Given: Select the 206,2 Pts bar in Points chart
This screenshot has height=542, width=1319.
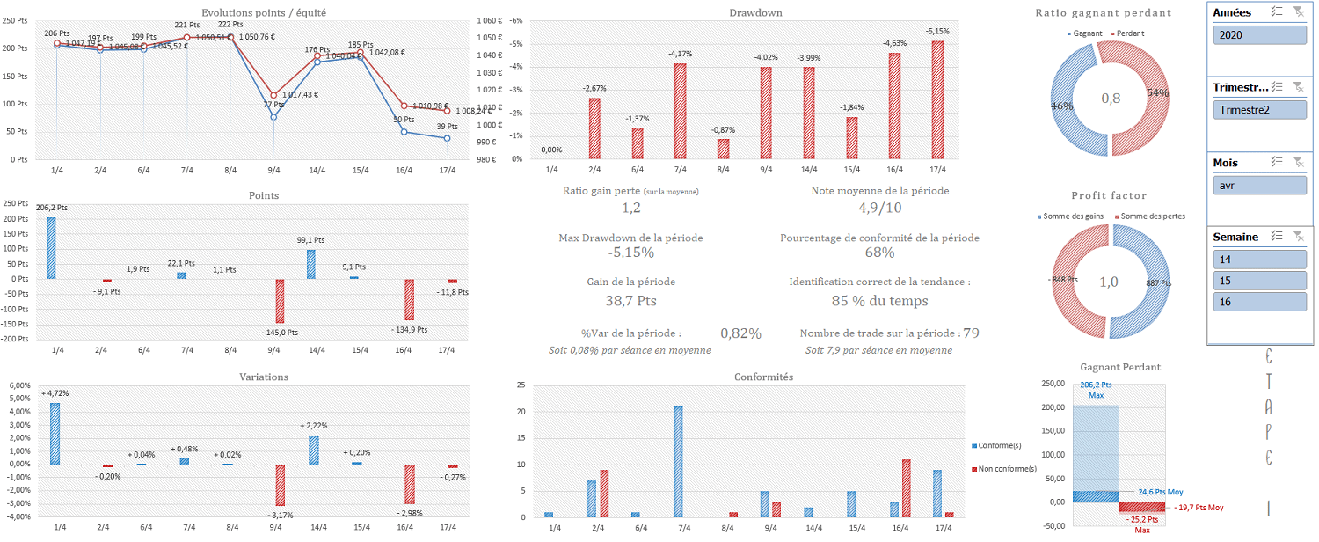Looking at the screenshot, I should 51,248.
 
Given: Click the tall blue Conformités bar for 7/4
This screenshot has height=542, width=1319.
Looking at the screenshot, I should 678,462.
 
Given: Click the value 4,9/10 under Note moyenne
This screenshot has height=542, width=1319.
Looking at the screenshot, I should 880,208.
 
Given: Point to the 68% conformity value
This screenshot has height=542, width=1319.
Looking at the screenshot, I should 879,253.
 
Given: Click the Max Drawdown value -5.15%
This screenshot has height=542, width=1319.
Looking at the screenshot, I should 630,253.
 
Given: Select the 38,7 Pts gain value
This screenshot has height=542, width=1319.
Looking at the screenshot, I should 630,300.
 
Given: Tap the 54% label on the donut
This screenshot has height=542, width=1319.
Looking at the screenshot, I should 1158,92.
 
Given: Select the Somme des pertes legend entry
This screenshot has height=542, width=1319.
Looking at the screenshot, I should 1148,216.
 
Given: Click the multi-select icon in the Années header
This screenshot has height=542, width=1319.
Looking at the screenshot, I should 1277,11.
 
